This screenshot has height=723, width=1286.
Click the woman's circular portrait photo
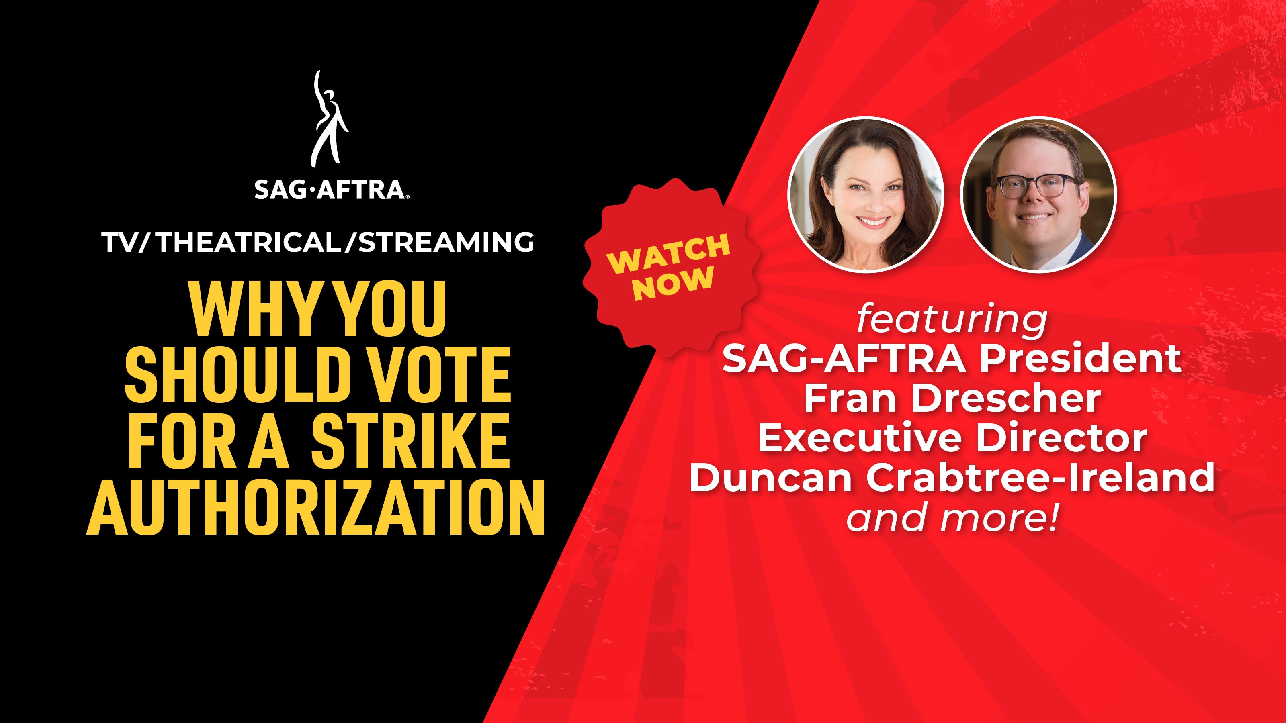[866, 194]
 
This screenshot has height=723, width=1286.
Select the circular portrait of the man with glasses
[1039, 194]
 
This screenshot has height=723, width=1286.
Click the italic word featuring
[952, 320]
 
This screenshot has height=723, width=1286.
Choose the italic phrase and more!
[952, 517]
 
